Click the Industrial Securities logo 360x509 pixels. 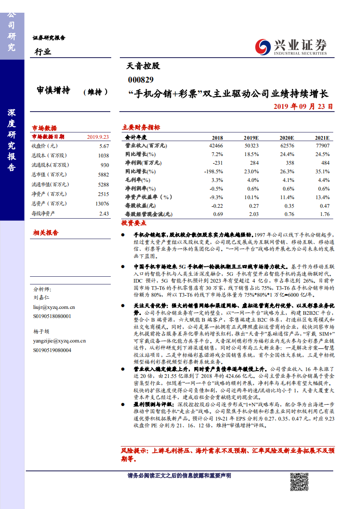pos(291,46)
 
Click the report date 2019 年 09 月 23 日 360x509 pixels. pos(303,107)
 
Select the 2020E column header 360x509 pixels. pos(286,137)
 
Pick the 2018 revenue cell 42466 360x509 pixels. pos(216,146)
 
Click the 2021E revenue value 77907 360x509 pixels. pos(322,146)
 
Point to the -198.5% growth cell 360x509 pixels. pos(213,171)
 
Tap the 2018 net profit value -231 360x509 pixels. pos(217,163)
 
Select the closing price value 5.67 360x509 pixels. pos(104,146)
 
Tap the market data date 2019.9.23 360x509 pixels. pos(98,137)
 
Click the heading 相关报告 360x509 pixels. pos(45,233)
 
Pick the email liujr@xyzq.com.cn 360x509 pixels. pos(54,307)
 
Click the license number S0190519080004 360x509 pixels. pos(52,350)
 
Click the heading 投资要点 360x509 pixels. pos(134,223)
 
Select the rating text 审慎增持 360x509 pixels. pos(54,91)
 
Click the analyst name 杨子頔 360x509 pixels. pos(41,332)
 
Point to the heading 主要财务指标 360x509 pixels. pos(141,128)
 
